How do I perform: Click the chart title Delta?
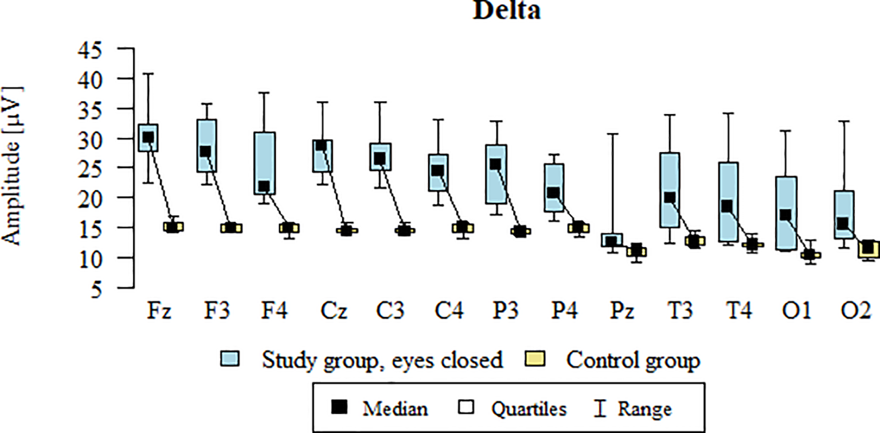(506, 11)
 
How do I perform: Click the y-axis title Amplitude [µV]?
(13, 166)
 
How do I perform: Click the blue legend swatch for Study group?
(230, 360)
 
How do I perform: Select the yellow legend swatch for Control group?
(535, 360)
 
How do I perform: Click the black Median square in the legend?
(341, 408)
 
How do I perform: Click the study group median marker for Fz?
(148, 138)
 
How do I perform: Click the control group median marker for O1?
(809, 255)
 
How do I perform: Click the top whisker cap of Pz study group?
(612, 134)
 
